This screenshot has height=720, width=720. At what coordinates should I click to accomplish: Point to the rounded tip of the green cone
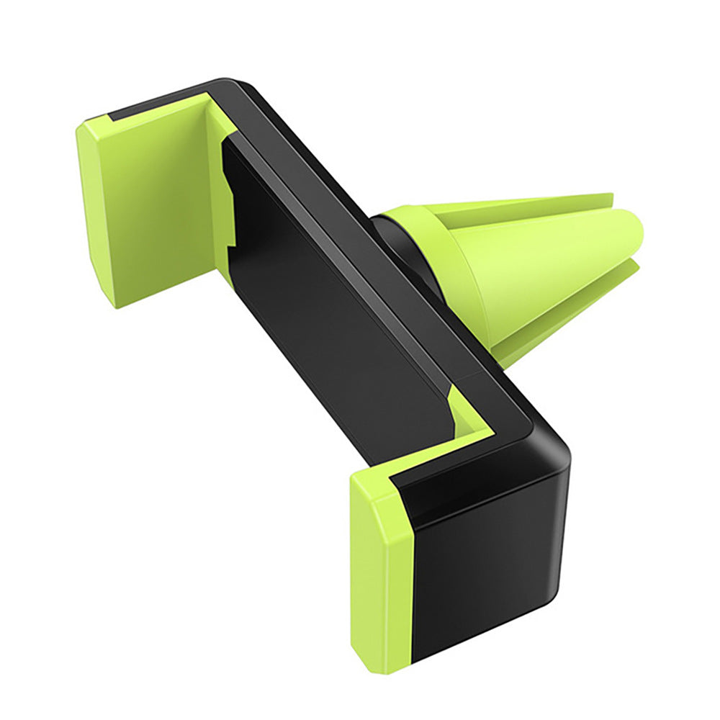pyautogui.click(x=637, y=245)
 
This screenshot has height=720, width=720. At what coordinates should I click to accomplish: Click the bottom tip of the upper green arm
pyautogui.click(x=115, y=302)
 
